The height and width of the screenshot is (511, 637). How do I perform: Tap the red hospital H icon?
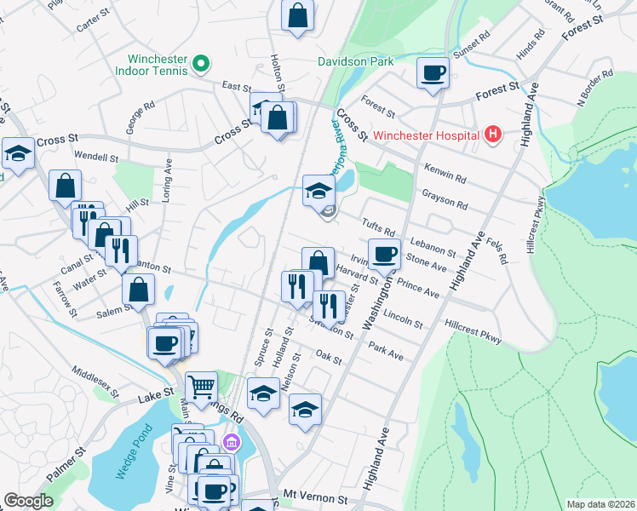491,134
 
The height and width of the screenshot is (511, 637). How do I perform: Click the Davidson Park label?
356,61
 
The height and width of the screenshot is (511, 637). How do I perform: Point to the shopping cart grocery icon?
201,387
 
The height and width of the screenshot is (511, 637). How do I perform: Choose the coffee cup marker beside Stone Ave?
384,253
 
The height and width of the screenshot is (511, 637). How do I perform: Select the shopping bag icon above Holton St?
298,14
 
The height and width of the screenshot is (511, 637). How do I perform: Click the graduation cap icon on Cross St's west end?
18,153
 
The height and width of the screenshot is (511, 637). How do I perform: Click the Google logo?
28,502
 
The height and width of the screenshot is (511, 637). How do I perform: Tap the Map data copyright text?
600,504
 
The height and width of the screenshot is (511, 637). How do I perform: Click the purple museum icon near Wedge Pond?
230,442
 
